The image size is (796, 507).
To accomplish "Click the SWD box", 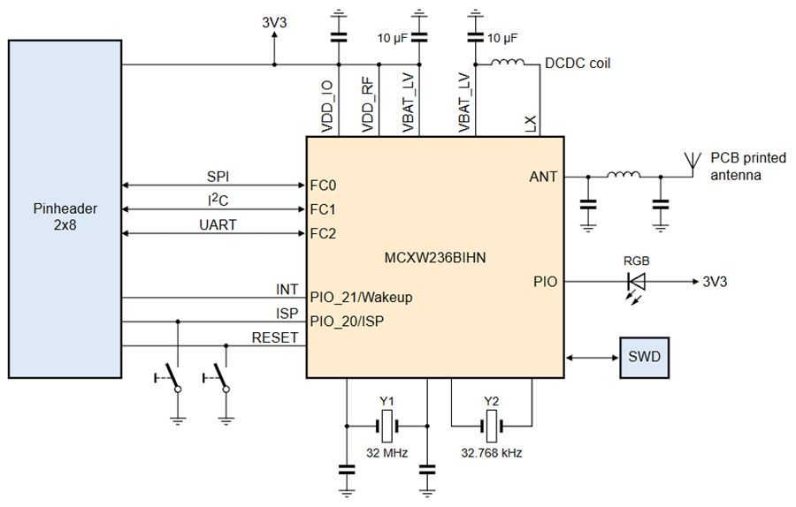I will (645, 358).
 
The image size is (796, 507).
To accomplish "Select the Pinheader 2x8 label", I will (63, 216).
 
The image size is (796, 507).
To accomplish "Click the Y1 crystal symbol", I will (387, 428).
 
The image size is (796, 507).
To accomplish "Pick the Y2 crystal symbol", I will (492, 428).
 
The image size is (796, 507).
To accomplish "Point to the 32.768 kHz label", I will (492, 453).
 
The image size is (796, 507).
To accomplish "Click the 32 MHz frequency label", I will (387, 453).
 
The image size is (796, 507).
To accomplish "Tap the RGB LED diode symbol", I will (635, 282).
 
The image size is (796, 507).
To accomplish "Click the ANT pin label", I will (543, 177).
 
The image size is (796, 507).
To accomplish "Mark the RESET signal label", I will (275, 337).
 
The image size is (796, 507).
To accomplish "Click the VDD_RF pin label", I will (369, 106).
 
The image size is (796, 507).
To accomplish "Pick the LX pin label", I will (531, 124).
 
